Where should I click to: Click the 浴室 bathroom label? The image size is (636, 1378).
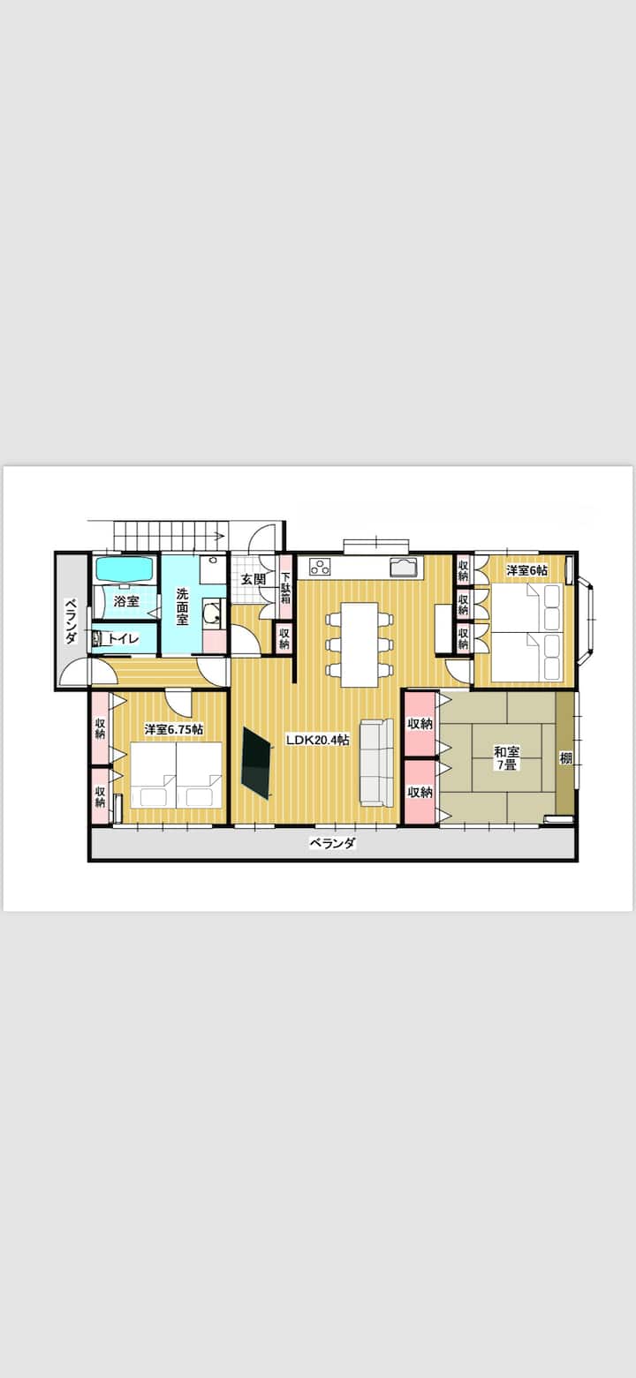pos(126,601)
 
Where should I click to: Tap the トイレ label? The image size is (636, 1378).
pos(124,638)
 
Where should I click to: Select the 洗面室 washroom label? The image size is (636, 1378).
pos(182,606)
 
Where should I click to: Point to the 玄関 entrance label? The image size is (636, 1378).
pos(253,579)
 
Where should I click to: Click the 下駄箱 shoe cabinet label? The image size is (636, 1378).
pos(285,587)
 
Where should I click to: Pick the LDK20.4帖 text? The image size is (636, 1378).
pos(318,740)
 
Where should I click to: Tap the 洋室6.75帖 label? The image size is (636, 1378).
pos(174,729)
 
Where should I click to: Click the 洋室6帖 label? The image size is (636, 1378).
pos(526,570)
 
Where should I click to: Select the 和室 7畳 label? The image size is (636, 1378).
pos(506,758)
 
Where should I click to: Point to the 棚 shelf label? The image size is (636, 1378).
pos(566,758)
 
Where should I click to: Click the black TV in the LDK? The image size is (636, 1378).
pos(258,764)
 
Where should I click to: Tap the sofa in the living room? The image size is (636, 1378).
pos(377,762)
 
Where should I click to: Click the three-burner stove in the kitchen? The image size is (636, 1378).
pos(321,567)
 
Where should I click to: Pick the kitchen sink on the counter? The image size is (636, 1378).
pos(405,567)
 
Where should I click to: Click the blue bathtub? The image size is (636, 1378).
pos(125,569)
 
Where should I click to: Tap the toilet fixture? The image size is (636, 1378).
pos(97,638)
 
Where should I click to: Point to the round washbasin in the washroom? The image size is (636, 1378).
pos(212,614)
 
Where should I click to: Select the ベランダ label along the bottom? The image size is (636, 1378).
pos(332,843)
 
